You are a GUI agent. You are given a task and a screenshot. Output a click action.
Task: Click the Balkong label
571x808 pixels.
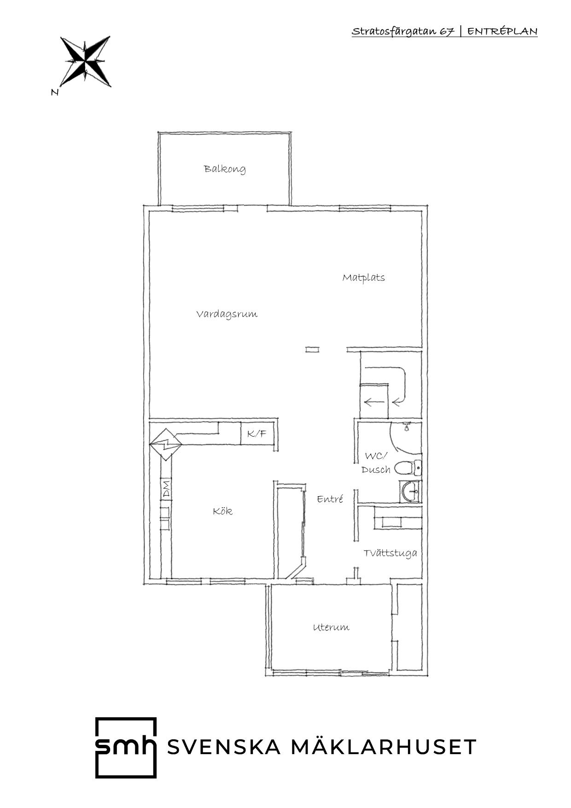[225, 169]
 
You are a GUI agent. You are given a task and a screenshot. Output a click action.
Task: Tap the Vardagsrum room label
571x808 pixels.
[227, 315]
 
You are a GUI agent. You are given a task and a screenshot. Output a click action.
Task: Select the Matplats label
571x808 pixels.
[364, 278]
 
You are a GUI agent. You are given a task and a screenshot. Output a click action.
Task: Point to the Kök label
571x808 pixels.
[223, 511]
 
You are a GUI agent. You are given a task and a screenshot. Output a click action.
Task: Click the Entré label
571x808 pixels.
[330, 499]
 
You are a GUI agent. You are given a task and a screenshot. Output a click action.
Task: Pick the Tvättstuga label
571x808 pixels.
[390, 553]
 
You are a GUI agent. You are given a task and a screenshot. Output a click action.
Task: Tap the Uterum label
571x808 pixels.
[331, 627]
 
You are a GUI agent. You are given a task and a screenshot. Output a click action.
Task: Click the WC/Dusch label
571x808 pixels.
[376, 463]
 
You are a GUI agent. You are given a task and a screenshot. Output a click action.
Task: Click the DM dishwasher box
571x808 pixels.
[166, 489]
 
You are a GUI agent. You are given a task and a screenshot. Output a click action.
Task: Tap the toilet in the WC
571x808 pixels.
[408, 468]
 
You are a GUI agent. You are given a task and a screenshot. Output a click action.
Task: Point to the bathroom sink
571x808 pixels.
[410, 492]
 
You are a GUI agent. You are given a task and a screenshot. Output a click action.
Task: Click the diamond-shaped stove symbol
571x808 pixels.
[166, 444]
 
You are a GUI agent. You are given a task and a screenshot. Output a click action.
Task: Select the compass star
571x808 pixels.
[86, 61]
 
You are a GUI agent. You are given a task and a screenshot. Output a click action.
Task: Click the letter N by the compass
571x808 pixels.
[55, 92]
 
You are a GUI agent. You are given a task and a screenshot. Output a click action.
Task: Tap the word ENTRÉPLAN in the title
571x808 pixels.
[502, 31]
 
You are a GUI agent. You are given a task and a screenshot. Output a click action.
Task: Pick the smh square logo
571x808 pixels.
[126, 747]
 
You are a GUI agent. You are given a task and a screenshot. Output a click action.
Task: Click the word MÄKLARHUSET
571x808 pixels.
[384, 746]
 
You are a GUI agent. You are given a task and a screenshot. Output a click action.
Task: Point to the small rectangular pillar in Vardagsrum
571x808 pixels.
[312, 349]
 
